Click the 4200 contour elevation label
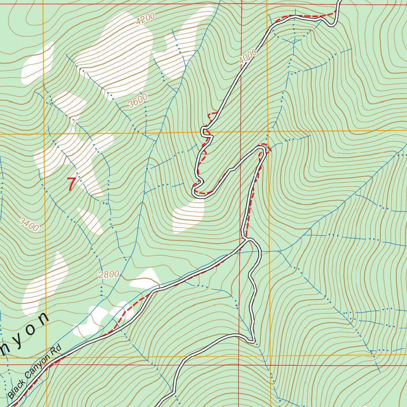[144, 19]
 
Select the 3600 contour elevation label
[138, 101]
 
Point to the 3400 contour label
[29, 225]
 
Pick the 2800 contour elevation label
[109, 274]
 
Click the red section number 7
[71, 184]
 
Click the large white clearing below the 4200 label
[119, 56]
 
